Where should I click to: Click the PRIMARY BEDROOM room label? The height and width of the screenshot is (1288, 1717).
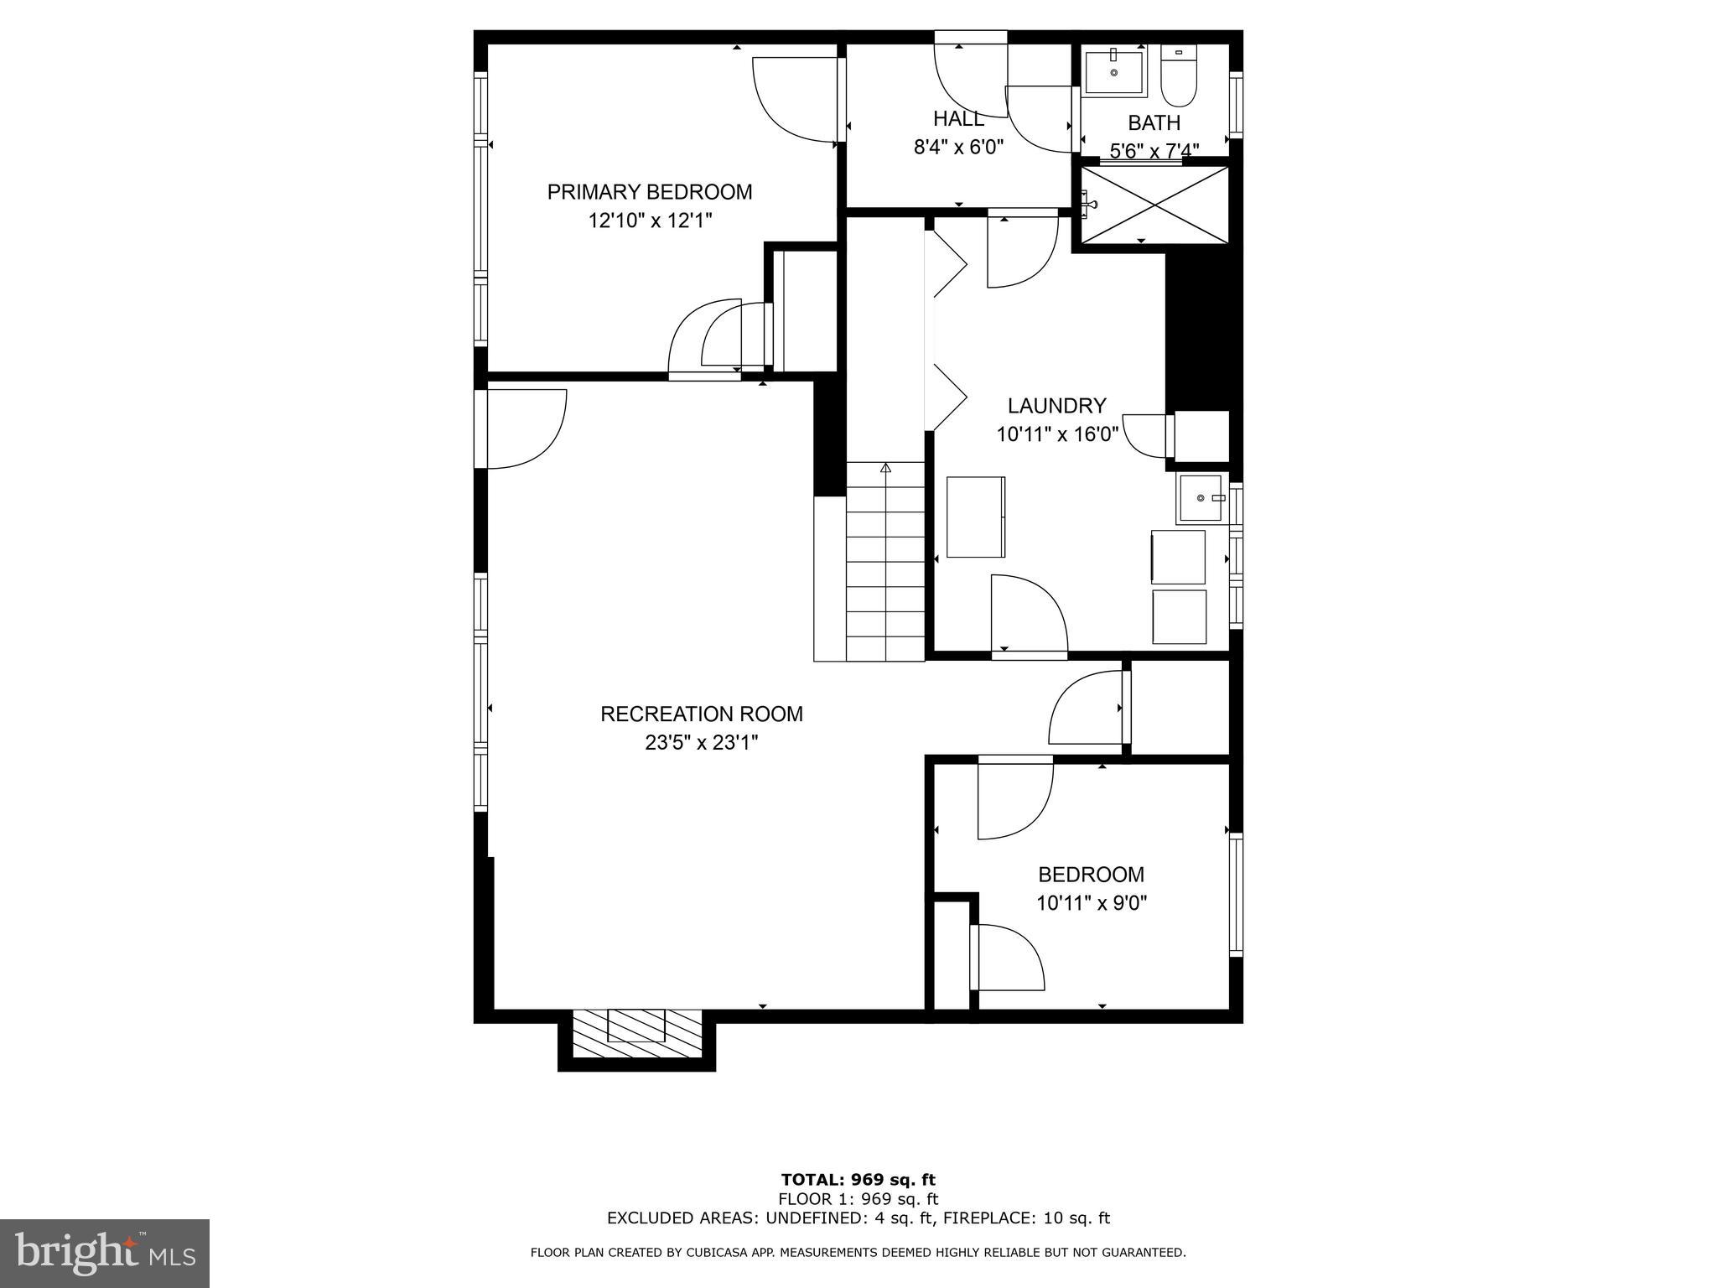click(650, 192)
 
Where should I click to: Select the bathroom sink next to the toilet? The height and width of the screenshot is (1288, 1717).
click(1114, 72)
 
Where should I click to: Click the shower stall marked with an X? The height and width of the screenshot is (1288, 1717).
click(1154, 205)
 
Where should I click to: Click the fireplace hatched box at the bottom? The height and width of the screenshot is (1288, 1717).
click(637, 1037)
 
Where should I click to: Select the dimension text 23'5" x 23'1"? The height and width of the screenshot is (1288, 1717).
click(701, 743)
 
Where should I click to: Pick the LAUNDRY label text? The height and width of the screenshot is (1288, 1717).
click(1056, 406)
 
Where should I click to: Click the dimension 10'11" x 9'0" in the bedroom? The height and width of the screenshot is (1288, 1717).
click(1091, 903)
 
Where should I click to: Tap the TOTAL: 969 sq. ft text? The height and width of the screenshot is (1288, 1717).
click(858, 1181)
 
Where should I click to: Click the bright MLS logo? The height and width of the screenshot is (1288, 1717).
click(105, 1253)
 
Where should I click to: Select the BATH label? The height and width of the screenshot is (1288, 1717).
click(1154, 123)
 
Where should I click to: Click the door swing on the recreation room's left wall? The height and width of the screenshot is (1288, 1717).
click(524, 428)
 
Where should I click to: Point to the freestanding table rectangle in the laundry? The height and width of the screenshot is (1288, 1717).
click(975, 517)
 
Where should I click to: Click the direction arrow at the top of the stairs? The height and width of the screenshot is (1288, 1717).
click(884, 469)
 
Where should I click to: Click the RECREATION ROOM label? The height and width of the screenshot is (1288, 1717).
click(701, 714)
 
